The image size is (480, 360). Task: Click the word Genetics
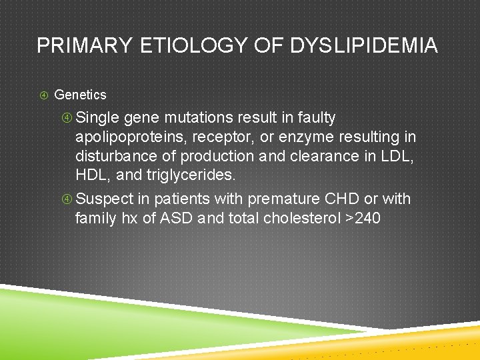(80, 95)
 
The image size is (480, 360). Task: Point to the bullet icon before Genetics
(43, 95)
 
